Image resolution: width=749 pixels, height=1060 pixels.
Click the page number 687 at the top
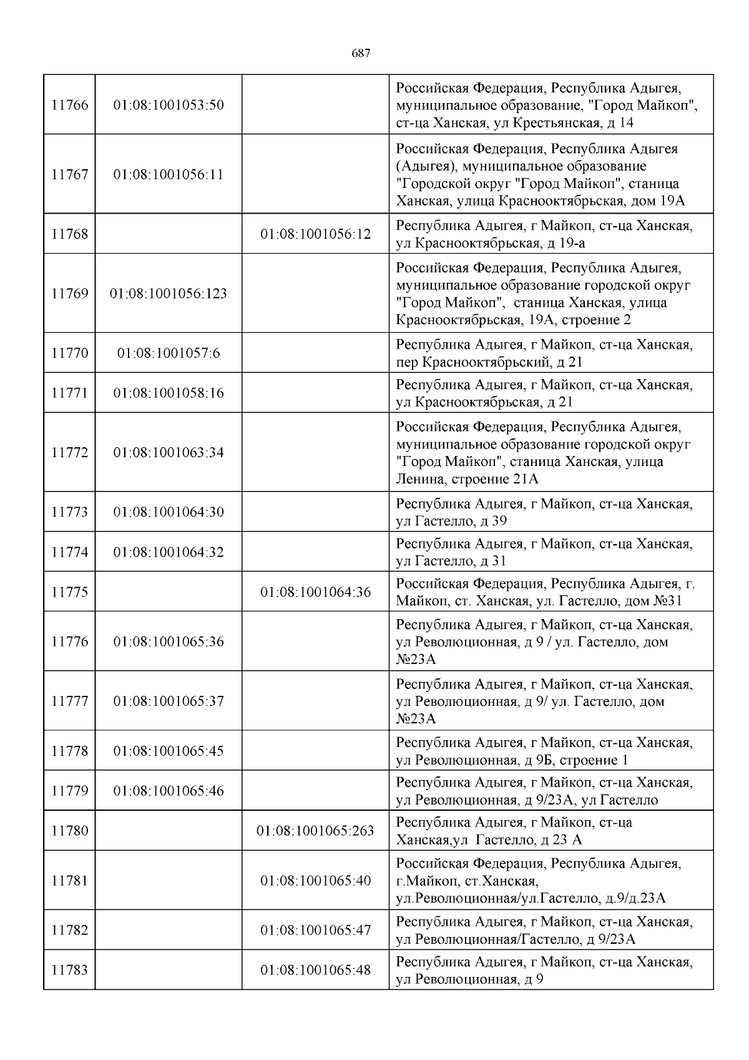coord(361,54)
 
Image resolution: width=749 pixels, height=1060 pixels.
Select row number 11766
coord(69,105)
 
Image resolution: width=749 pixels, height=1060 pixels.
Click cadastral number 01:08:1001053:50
coord(169,105)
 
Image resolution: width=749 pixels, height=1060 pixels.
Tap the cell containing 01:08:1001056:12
coord(315,234)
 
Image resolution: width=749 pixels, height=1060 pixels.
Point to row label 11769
coord(69,294)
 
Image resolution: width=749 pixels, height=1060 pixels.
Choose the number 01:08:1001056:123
coord(169,294)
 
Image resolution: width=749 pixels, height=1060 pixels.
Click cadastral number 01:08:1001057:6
coord(169,354)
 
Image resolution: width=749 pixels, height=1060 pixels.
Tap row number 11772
coord(69,452)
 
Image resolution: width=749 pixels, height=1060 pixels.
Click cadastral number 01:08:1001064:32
coord(169,552)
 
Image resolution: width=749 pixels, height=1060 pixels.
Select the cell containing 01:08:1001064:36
coord(315,592)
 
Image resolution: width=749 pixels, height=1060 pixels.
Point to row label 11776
coord(69,641)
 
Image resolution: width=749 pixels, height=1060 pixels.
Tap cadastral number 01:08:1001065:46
coord(169,791)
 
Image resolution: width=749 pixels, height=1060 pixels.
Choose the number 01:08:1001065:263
coord(315,831)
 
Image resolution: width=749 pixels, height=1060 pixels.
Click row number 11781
coord(69,881)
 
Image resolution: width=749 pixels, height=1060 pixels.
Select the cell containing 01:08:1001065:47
coord(315,930)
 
